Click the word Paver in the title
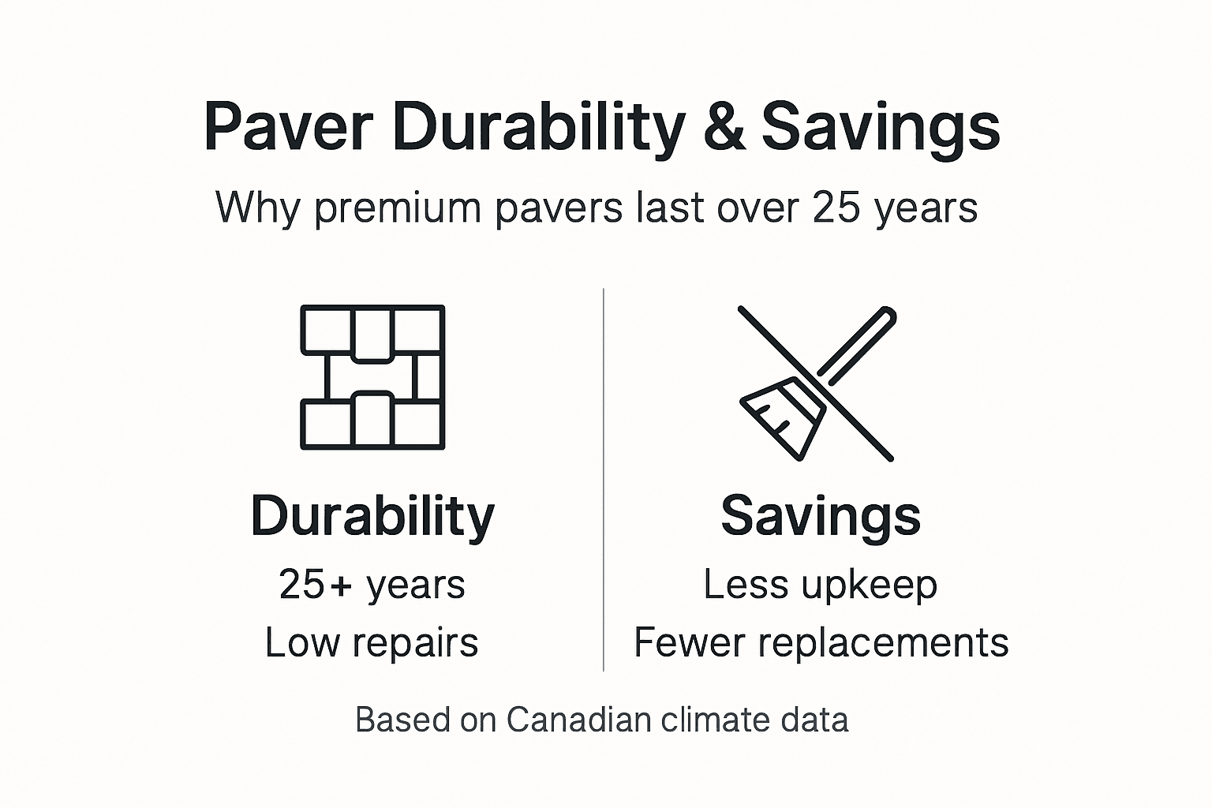(287, 126)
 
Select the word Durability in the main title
(538, 126)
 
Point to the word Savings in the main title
(881, 126)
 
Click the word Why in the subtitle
(260, 208)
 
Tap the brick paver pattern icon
(372, 377)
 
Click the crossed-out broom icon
(817, 383)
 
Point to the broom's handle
(858, 341)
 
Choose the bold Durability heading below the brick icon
(372, 516)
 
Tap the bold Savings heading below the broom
(821, 516)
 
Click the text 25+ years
(372, 585)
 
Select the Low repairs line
(372, 642)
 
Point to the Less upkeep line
(821, 585)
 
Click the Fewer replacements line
(821, 642)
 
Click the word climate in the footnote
(704, 720)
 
